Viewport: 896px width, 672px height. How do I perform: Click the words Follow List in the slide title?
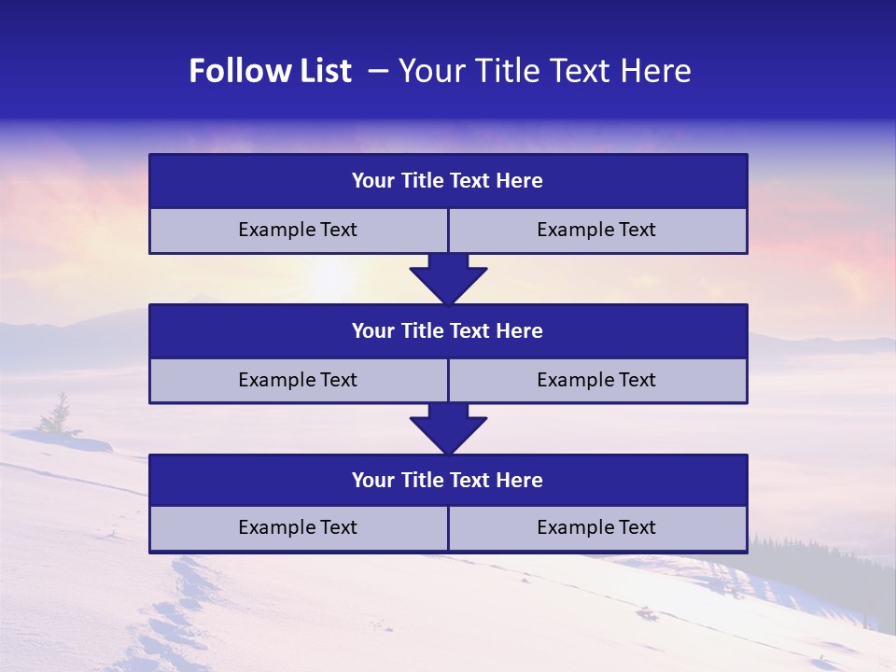pos(270,71)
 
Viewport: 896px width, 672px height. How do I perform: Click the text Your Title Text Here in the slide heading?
pos(544,71)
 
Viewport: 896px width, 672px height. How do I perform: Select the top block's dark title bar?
pos(448,181)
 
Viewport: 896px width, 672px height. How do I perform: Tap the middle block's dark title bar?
pos(448,331)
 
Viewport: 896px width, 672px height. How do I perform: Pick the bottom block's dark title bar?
pos(448,481)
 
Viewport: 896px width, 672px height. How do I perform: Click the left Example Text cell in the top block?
pos(298,231)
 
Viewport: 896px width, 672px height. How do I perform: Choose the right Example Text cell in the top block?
pos(596,231)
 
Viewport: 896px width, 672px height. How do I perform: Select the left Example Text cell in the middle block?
pos(298,381)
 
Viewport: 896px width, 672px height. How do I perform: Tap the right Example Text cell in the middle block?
pos(596,381)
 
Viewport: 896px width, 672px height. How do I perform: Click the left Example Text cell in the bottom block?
pos(298,528)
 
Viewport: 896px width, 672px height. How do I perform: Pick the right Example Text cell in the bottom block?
pos(596,528)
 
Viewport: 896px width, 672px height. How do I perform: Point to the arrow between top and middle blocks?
pos(448,279)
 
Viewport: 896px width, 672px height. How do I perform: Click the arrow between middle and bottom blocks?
pos(448,428)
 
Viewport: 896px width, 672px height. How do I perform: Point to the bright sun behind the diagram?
pos(331,277)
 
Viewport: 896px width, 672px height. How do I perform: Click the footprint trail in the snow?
pos(177,616)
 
